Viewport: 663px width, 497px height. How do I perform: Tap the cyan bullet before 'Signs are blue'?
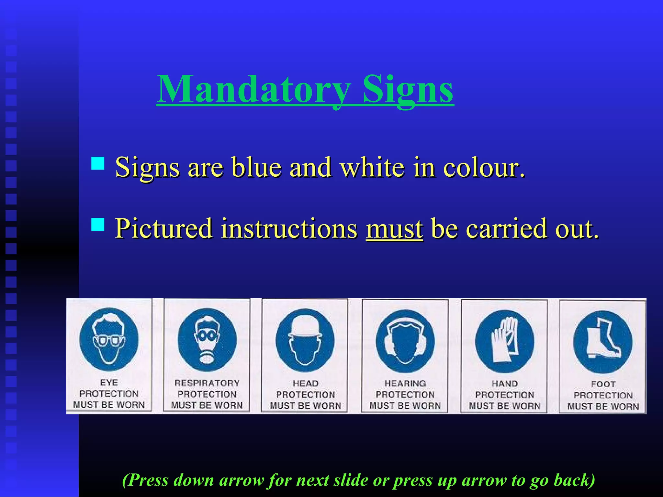[98, 163]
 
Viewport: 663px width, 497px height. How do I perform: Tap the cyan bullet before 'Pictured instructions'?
[98, 224]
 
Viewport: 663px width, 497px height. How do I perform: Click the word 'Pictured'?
[163, 229]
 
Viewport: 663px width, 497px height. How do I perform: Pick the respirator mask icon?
[207, 340]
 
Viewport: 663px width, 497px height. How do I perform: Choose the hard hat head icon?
[305, 340]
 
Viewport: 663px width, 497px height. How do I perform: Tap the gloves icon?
[504, 341]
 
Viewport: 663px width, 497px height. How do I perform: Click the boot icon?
[603, 342]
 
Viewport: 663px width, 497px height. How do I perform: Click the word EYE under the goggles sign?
[109, 382]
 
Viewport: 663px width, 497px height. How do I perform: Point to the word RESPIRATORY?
[207, 383]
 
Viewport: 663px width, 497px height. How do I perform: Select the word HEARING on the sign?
[405, 383]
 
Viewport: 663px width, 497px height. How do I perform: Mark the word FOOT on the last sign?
[603, 384]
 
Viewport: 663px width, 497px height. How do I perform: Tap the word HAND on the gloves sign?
[505, 384]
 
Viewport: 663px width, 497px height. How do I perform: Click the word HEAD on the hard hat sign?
[306, 383]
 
